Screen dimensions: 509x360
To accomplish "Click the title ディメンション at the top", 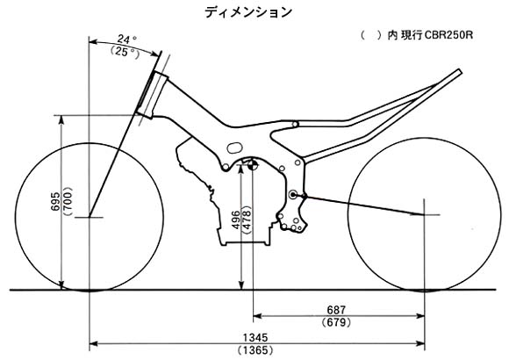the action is pyautogui.click(x=248, y=12).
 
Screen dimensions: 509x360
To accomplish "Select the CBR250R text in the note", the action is pyautogui.click(x=448, y=35).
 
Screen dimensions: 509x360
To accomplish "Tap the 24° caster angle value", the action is pyautogui.click(x=127, y=40).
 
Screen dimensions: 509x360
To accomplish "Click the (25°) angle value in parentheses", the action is pyautogui.click(x=125, y=52).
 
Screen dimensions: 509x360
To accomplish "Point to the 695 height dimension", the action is pyautogui.click(x=55, y=201).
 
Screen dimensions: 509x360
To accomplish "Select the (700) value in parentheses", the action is pyautogui.click(x=68, y=202).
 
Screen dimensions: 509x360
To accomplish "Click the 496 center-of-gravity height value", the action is pyautogui.click(x=236, y=220).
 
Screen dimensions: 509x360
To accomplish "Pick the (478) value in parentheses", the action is pyautogui.click(x=247, y=220).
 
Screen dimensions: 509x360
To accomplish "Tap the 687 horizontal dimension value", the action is pyautogui.click(x=337, y=310).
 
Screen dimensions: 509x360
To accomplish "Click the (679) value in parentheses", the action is pyautogui.click(x=337, y=322).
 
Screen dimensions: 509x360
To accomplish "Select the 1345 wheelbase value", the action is pyautogui.click(x=255, y=337).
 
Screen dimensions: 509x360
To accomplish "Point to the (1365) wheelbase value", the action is pyautogui.click(x=255, y=350).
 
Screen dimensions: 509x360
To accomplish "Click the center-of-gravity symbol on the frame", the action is pyautogui.click(x=253, y=164).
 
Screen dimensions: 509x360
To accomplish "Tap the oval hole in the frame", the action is pyautogui.click(x=234, y=148).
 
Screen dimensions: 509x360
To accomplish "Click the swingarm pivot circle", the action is pyautogui.click(x=293, y=195).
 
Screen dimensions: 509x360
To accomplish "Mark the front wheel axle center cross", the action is pyautogui.click(x=90, y=217).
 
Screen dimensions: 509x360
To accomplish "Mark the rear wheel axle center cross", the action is pyautogui.click(x=424, y=215).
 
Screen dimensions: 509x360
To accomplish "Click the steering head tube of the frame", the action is pyautogui.click(x=152, y=95).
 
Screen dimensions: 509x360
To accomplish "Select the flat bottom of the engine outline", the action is pyautogui.click(x=246, y=243).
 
